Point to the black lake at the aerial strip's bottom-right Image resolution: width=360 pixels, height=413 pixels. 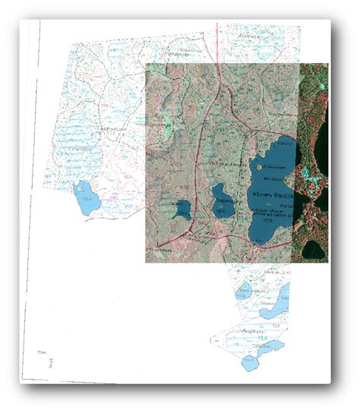tap(314, 247)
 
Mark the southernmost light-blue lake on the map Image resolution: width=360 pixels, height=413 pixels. tap(250, 363)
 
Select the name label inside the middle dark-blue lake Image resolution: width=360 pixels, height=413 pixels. tap(223, 200)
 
